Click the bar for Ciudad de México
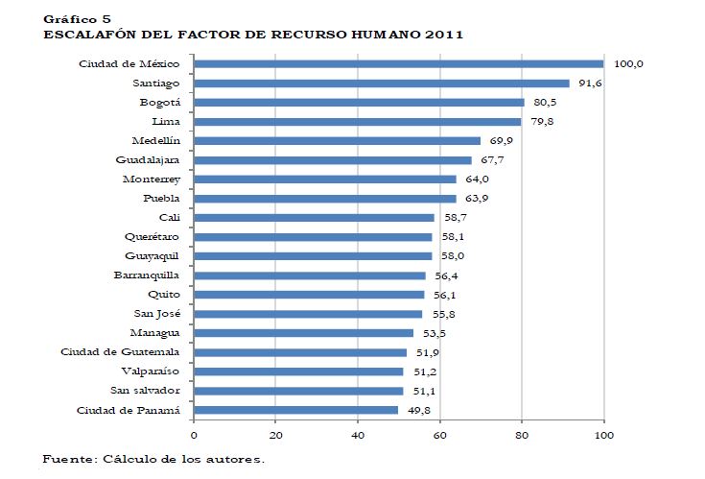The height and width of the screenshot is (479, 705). click(x=398, y=64)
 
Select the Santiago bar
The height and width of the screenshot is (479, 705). click(x=381, y=84)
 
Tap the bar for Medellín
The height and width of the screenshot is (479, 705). click(x=337, y=141)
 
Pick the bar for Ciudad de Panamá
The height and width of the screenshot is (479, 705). click(x=295, y=410)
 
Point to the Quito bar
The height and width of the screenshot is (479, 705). click(x=309, y=295)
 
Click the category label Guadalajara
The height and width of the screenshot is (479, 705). click(x=148, y=159)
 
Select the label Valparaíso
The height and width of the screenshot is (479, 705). click(x=151, y=371)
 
